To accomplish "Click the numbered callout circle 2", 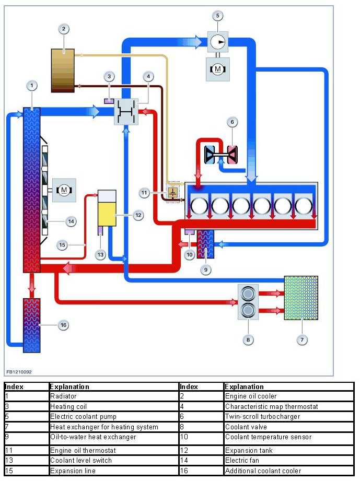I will point(63,29).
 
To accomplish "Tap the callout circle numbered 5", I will point(218,15).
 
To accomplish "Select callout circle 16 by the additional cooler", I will point(63,325).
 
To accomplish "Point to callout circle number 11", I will point(145,193).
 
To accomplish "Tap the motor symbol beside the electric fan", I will point(64,190).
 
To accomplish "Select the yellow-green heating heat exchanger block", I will point(300,298).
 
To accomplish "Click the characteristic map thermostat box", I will point(126,112).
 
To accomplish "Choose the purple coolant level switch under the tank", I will point(99,230).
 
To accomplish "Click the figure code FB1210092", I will point(19,372).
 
